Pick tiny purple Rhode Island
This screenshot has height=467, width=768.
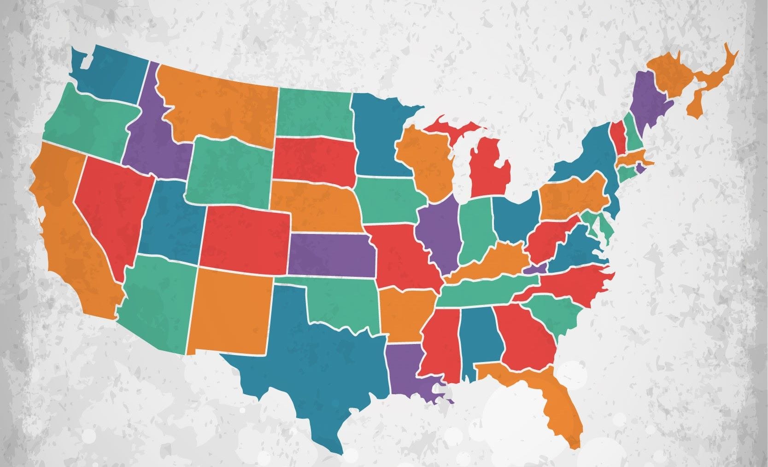[640, 168]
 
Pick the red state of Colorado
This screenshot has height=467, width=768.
[244, 239]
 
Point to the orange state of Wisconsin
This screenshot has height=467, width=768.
[426, 161]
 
